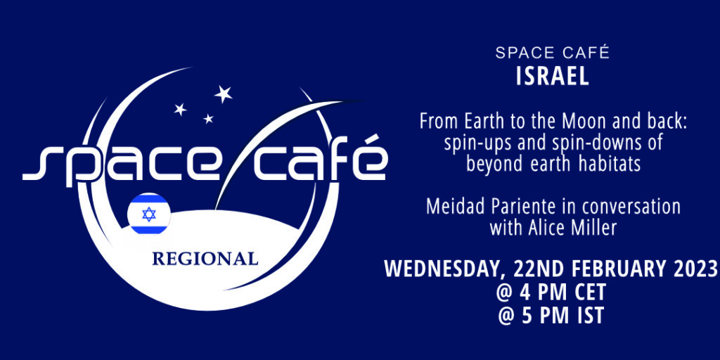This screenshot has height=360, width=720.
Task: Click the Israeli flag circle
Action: coord(149,214)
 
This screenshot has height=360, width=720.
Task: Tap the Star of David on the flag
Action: coord(149,214)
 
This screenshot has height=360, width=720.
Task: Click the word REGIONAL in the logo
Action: coord(205,259)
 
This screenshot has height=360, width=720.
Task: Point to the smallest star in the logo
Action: coord(208,118)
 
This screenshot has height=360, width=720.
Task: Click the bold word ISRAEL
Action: coord(553,77)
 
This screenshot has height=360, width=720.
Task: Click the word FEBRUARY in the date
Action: coord(621,269)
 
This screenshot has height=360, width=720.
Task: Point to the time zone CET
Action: coord(590,292)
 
